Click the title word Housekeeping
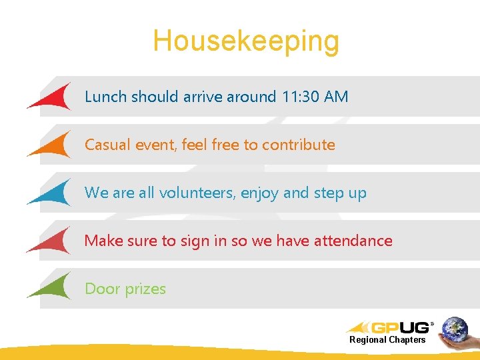click(246, 41)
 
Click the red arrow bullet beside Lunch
click(53, 97)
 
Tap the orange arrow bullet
click(53, 145)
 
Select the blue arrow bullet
click(53, 193)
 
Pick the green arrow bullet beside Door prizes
click(53, 287)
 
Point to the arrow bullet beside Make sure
click(53, 241)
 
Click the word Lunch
click(105, 97)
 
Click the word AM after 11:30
click(335, 97)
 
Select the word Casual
click(108, 145)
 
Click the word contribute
click(298, 145)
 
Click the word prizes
click(145, 289)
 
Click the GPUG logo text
click(399, 327)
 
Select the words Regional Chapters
click(387, 340)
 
